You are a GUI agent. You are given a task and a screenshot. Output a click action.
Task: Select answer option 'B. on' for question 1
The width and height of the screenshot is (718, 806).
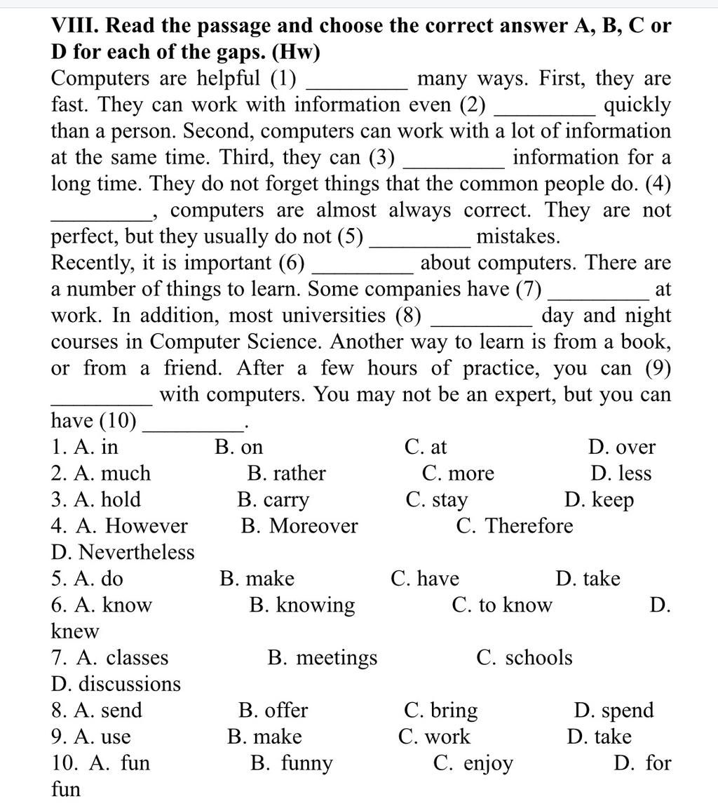point(239,447)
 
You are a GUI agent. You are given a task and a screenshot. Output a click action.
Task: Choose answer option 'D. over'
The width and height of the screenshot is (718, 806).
point(622,447)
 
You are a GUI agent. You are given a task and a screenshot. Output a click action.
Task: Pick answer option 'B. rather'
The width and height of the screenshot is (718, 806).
point(286,473)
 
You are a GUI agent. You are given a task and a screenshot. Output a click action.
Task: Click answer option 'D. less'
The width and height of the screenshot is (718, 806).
point(621,473)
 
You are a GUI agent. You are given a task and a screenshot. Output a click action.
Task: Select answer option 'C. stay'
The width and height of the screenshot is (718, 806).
point(436,500)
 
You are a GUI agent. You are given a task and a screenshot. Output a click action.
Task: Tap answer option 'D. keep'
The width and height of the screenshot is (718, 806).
point(599,500)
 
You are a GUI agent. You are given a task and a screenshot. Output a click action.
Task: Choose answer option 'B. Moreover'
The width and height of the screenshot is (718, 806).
point(299,526)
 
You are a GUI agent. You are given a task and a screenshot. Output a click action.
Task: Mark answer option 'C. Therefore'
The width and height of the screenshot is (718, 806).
point(514,526)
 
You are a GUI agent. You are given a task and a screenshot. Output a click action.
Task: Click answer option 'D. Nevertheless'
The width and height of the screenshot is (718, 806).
point(123,553)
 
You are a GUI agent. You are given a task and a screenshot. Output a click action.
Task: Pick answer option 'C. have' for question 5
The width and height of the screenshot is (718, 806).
point(425,579)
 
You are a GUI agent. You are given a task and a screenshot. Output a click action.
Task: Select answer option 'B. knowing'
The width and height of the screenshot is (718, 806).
point(302,605)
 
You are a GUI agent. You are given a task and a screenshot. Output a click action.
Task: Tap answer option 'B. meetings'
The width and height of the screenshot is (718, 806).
point(322,658)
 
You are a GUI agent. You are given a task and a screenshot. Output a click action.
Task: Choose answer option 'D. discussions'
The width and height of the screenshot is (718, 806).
point(116,684)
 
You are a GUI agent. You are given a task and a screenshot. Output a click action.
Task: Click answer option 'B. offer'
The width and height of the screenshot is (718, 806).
point(273,711)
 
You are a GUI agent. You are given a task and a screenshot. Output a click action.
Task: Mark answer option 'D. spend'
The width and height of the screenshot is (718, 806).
point(613,711)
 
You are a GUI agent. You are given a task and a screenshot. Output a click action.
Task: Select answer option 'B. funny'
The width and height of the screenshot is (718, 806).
point(291,763)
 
